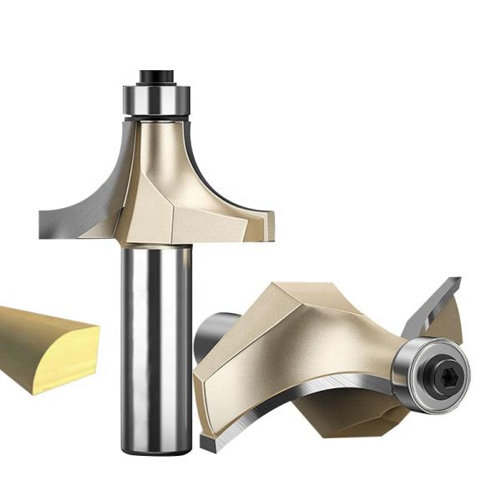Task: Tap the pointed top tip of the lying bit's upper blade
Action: (x=458, y=280)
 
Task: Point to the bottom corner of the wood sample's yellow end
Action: (x=33, y=392)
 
